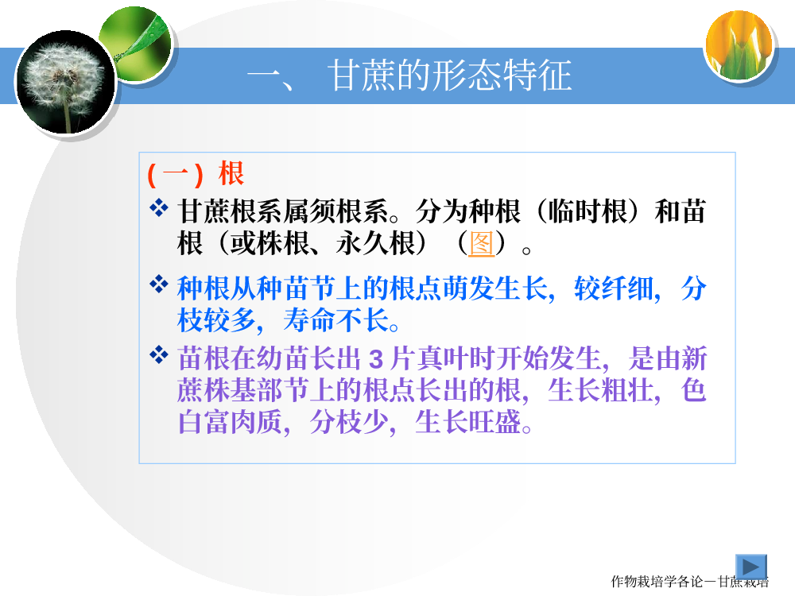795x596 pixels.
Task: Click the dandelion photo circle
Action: [x=66, y=82]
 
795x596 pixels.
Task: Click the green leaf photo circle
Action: [x=135, y=44]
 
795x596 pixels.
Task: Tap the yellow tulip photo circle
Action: [x=739, y=45]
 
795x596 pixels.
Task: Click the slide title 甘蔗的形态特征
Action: [x=450, y=75]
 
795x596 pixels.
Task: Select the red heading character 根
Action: [x=231, y=173]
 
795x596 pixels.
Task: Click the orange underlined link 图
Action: [x=481, y=243]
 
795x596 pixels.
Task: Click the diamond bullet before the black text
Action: [x=159, y=207]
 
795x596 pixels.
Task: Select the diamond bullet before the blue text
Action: [x=159, y=284]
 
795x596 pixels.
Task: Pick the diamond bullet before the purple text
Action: [x=159, y=354]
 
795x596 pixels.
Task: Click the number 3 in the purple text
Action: [x=376, y=359]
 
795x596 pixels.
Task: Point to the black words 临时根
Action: [x=588, y=211]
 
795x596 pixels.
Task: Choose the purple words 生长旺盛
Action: [x=468, y=422]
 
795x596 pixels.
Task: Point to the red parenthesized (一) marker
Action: [x=176, y=174]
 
